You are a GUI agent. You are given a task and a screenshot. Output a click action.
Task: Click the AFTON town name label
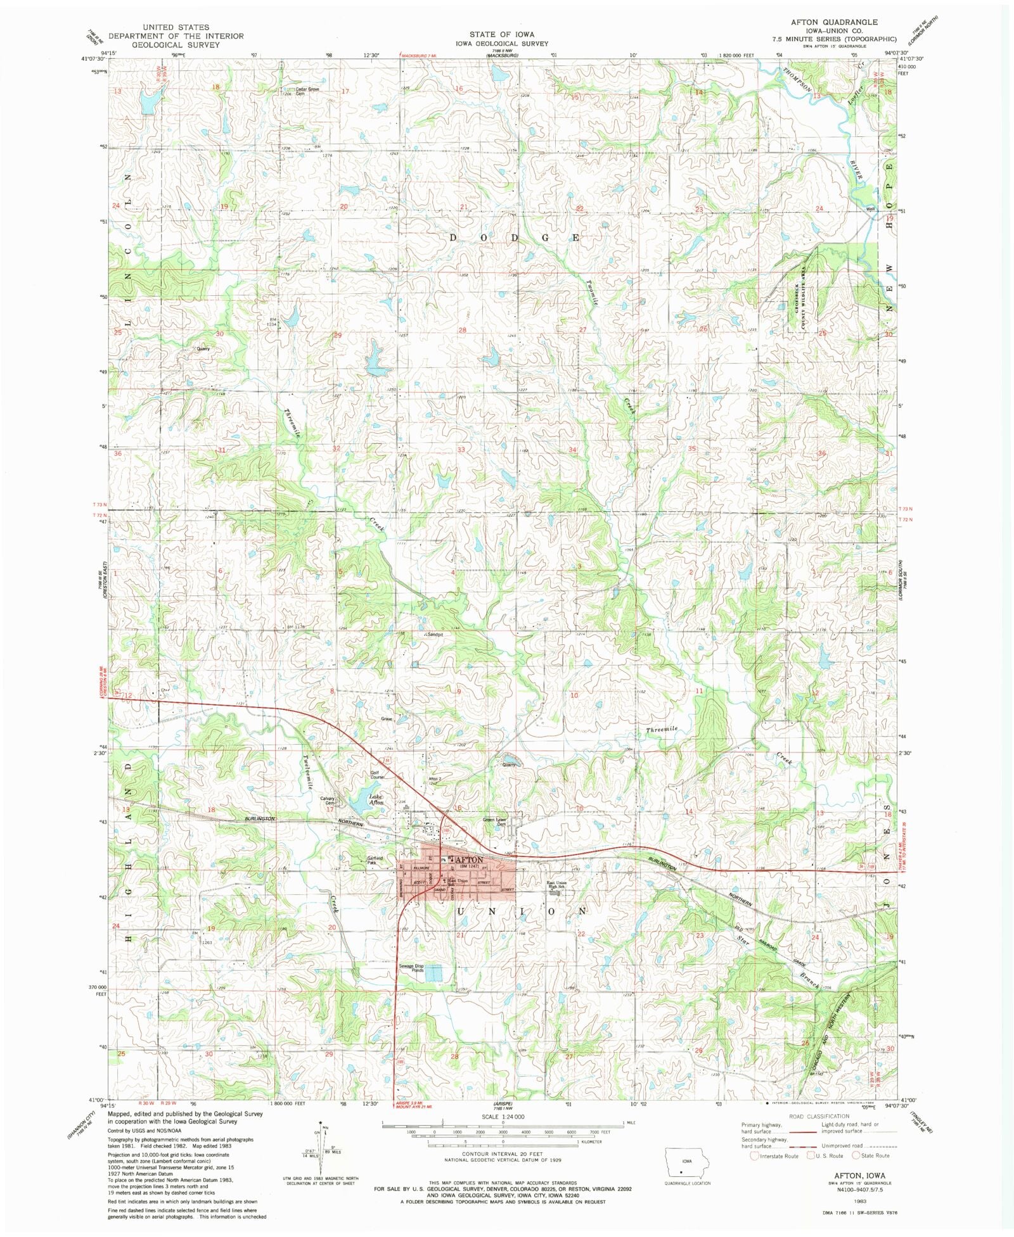pos(469,860)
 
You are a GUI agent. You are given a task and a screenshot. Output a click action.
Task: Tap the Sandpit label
pos(434,633)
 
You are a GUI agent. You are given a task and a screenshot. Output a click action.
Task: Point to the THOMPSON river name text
pos(797,80)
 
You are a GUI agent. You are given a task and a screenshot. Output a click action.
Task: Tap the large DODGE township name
pos(514,238)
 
